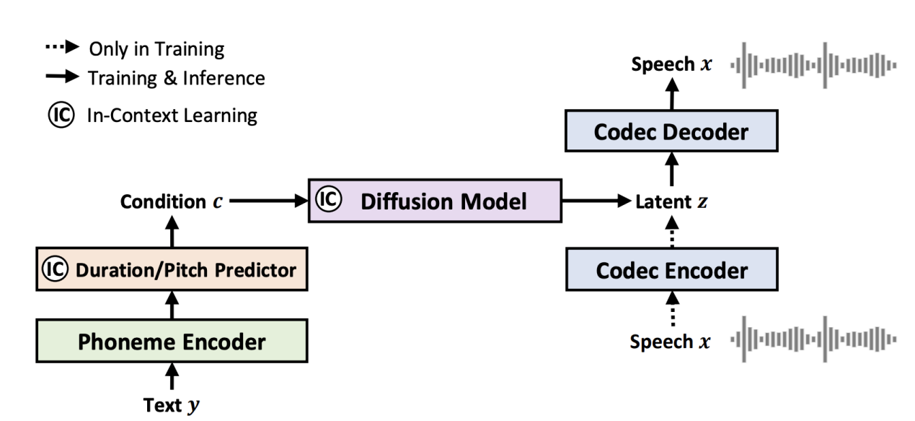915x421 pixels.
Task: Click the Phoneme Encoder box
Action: click(172, 341)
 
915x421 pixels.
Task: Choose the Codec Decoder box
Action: click(672, 132)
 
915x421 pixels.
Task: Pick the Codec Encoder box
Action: click(672, 271)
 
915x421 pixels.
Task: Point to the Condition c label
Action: click(171, 203)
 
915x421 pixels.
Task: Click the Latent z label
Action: click(671, 203)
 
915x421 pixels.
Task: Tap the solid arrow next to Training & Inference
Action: click(63, 77)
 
